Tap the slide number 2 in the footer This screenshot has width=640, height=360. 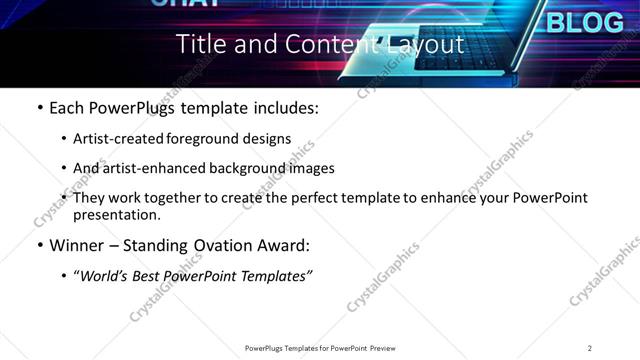click(589, 348)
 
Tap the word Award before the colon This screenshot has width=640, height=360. click(286, 245)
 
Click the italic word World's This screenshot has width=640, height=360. click(104, 276)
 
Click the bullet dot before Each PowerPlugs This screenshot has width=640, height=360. click(39, 108)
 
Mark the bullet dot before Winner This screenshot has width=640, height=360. click(39, 246)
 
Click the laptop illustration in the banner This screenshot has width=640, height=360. click(440, 50)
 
